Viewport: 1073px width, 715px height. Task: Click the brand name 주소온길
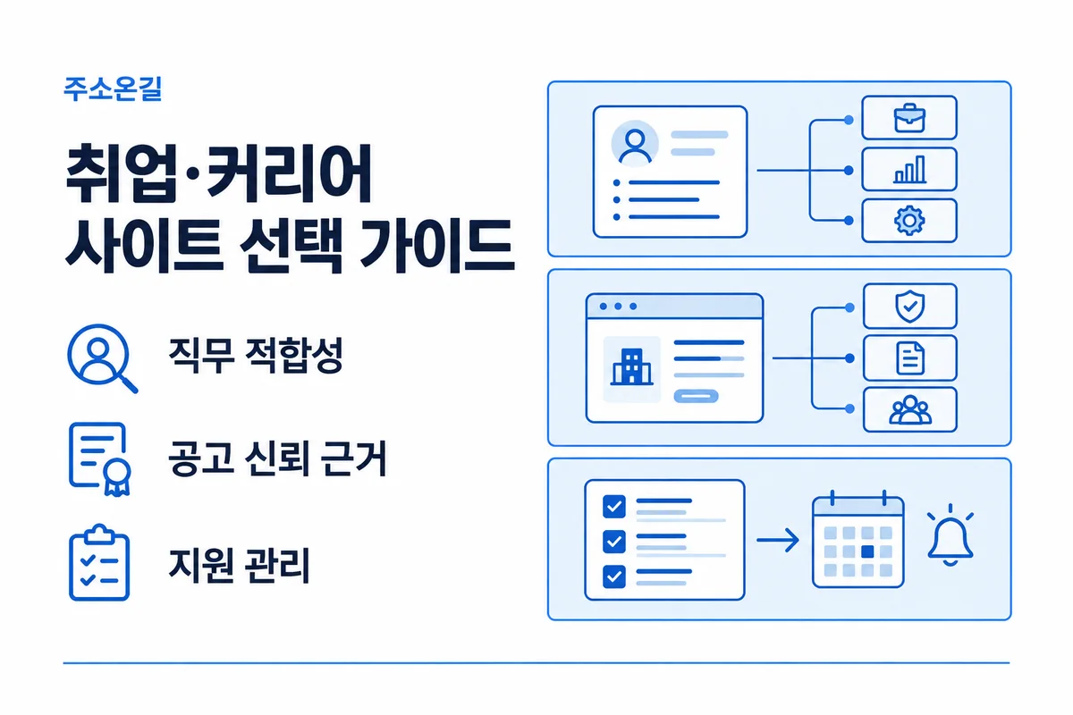113,89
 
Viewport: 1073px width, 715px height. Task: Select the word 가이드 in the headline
436,245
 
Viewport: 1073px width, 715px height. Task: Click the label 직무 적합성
256,355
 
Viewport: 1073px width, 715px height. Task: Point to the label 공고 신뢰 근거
277,458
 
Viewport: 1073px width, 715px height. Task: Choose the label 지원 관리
239,565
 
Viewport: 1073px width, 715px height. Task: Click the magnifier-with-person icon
102,358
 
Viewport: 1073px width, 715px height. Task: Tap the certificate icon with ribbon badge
99,458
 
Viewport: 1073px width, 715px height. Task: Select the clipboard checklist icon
99,562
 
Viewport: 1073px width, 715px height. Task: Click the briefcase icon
909,118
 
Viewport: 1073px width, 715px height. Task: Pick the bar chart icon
909,169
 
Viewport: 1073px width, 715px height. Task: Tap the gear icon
909,220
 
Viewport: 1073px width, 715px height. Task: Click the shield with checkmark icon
909,306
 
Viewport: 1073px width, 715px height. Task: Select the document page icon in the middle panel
910,357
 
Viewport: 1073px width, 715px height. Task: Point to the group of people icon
910,410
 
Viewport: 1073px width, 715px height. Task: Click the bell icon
950,535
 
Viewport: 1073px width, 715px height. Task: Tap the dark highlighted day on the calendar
867,551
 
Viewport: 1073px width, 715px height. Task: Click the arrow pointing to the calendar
777,540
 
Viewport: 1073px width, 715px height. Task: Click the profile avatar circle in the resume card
635,144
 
